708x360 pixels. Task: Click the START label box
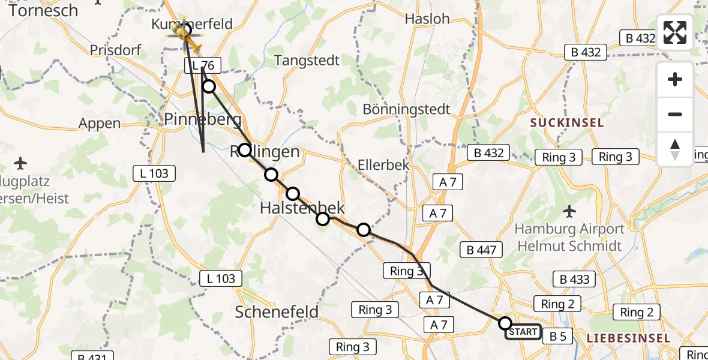523,332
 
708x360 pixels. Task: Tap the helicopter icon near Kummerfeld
183,35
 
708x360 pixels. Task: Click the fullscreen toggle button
675,32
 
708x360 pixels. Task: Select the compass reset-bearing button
675,149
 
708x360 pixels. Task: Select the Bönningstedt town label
406,109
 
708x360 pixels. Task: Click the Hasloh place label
427,19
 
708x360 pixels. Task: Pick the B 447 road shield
481,249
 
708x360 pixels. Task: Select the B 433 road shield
574,279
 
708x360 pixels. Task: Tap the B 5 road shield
557,337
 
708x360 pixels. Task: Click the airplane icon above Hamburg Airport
569,211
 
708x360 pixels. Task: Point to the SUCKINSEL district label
566,123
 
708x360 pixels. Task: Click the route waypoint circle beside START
505,323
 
